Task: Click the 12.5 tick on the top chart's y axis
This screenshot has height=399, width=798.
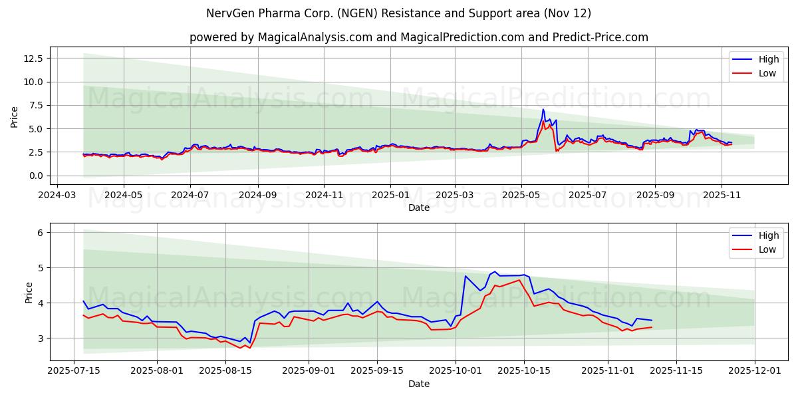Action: coord(33,59)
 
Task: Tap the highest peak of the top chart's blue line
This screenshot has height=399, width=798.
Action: coord(543,109)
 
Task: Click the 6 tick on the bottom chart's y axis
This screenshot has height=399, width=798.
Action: coord(40,233)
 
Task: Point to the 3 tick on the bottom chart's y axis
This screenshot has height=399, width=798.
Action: coord(40,338)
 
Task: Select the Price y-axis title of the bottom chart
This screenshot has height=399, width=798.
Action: coord(29,292)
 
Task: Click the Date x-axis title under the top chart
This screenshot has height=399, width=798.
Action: coord(419,207)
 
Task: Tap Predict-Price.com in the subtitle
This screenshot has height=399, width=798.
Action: coord(600,37)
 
